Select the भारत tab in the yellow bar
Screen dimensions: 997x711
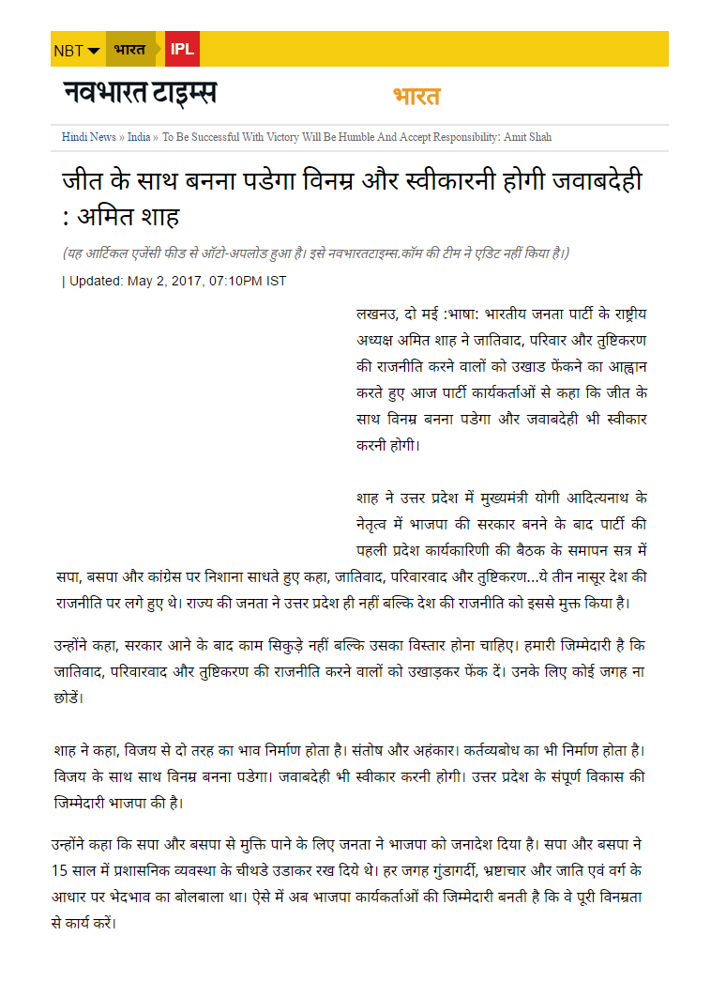tap(129, 49)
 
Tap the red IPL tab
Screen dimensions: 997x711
tap(182, 49)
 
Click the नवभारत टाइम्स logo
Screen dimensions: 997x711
tap(140, 94)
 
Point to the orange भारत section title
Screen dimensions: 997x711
tap(416, 97)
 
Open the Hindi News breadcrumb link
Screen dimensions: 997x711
tap(89, 137)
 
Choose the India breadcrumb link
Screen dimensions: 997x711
tap(139, 137)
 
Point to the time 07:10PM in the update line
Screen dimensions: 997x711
tap(236, 281)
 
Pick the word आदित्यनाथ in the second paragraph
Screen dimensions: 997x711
tap(599, 497)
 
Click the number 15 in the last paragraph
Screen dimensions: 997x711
tap(62, 870)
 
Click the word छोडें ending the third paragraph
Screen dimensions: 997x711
tap(68, 698)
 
